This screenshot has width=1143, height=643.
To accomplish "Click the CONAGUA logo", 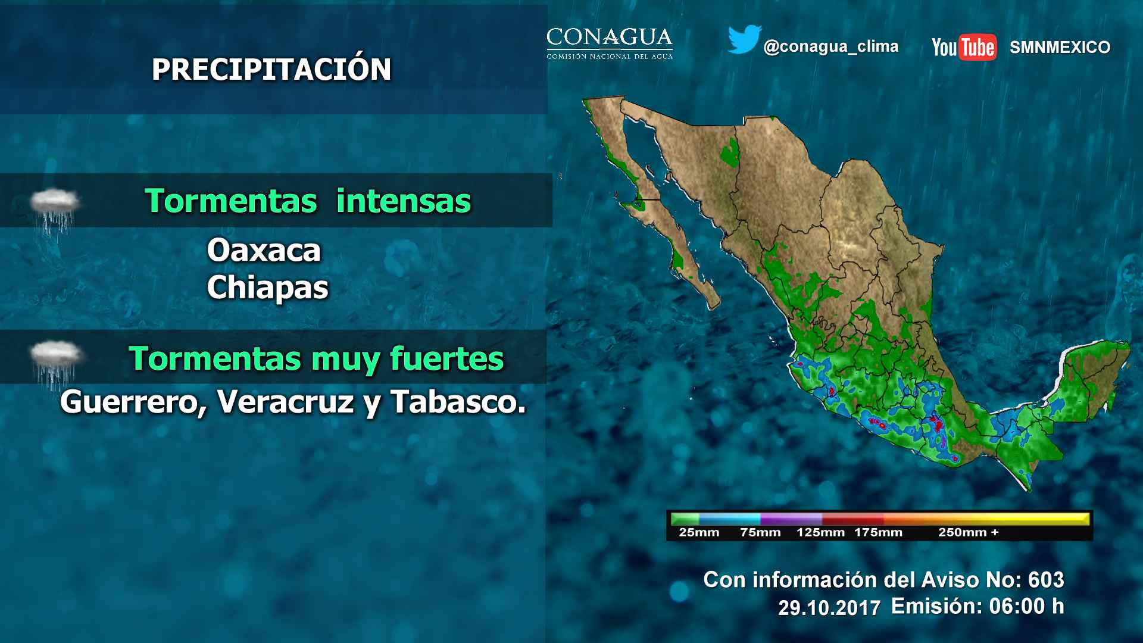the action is [610, 43].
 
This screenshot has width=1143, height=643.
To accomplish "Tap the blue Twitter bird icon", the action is [744, 39].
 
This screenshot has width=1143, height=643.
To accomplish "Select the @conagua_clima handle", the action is [830, 46].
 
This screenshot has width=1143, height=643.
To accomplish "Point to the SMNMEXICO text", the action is [1060, 47].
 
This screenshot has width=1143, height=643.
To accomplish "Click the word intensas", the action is [404, 201].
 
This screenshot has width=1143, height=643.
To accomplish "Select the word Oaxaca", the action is [264, 250].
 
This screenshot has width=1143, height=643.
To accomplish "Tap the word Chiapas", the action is [267, 288].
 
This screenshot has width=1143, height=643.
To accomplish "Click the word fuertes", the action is [446, 358].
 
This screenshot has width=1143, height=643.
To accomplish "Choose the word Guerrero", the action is [133, 402].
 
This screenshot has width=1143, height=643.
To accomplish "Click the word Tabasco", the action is [458, 402].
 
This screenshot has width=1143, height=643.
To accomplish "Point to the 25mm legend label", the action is [699, 532].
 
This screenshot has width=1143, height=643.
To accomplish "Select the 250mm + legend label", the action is [969, 532].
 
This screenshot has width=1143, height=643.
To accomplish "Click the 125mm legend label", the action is [820, 532].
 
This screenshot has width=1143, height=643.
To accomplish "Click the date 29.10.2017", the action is [829, 608].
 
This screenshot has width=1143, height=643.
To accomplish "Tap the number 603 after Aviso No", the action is [1046, 579].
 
